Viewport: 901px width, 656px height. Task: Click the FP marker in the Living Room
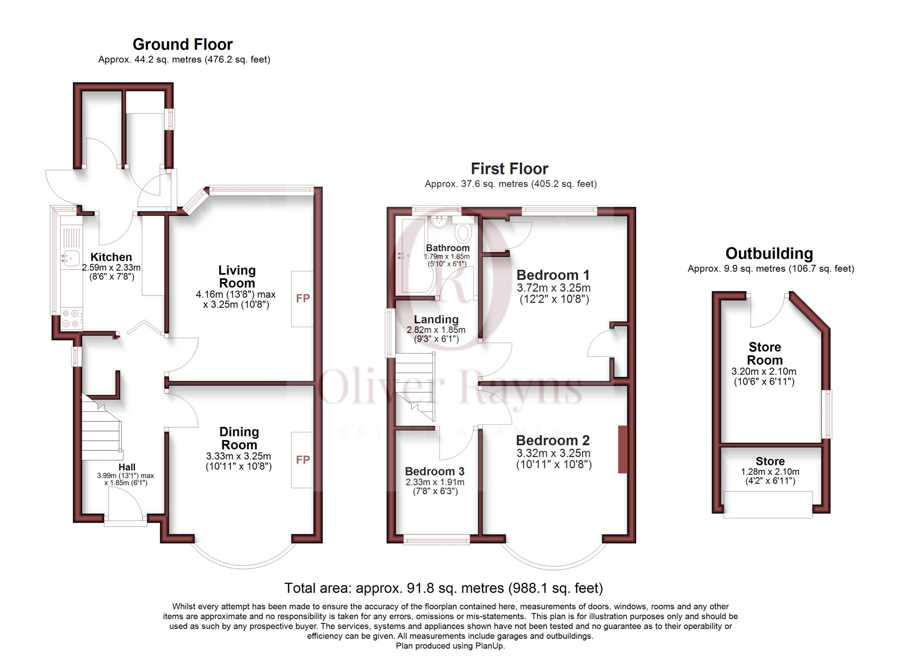click(x=303, y=298)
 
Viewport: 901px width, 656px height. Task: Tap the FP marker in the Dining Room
click(x=303, y=460)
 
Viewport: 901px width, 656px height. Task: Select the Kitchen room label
click(x=111, y=257)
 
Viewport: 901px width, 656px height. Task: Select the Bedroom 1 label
click(x=553, y=275)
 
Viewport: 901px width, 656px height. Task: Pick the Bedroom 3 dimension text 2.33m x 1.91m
click(x=435, y=482)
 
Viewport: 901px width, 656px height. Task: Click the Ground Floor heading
click(x=183, y=44)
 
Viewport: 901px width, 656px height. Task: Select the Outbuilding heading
click(x=769, y=253)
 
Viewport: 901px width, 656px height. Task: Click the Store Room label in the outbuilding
click(x=765, y=353)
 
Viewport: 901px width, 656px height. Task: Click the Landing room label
click(x=436, y=319)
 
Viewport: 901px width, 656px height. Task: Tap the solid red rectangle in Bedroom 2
click(x=623, y=449)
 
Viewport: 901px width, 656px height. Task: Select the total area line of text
click(x=444, y=588)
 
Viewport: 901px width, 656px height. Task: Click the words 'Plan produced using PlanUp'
click(x=450, y=646)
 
